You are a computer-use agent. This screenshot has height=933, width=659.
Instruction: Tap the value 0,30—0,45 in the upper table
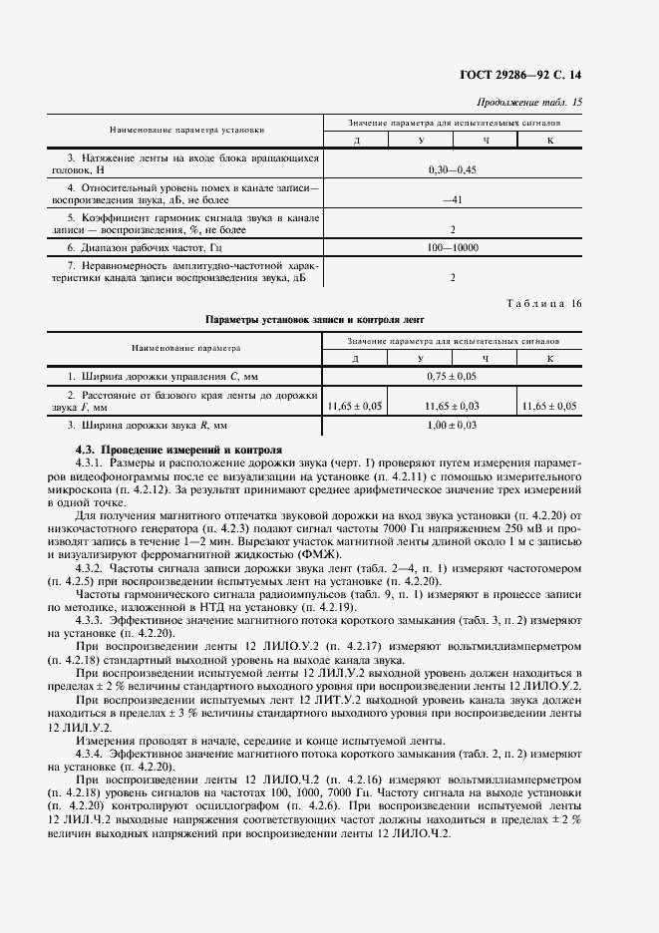pos(452,170)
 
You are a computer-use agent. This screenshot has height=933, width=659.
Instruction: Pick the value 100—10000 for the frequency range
pos(452,245)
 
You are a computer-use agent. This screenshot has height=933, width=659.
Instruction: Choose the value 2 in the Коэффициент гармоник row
pos(452,227)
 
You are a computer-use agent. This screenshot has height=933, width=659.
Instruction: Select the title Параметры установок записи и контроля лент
pos(315,320)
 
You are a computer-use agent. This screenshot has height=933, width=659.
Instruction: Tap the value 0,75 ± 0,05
pos(452,378)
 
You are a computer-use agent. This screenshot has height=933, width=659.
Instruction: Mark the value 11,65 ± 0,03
pos(452,406)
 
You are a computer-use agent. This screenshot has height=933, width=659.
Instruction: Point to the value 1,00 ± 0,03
pos(452,426)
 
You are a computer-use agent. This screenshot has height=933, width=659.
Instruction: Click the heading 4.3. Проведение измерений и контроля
pos(179,451)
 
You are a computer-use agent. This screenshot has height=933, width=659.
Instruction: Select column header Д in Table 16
pos(356,358)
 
